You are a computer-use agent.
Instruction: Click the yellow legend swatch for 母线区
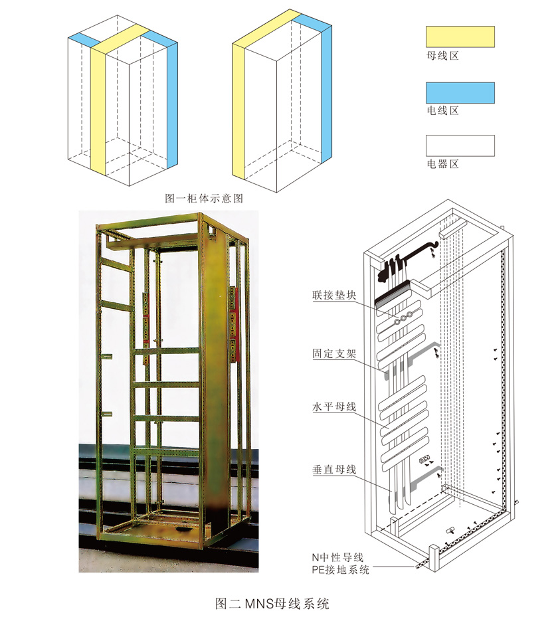pyautogui.click(x=460, y=37)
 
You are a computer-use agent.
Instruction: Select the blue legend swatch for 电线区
pyautogui.click(x=460, y=92)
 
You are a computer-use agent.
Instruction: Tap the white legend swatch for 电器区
pyautogui.click(x=460, y=145)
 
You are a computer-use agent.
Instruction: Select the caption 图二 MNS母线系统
pyautogui.click(x=273, y=604)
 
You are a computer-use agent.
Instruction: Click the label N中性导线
pyautogui.click(x=337, y=557)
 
